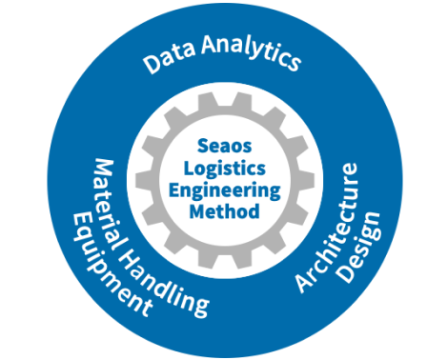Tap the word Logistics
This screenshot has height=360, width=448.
coord(224,169)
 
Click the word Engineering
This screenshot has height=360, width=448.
coord(224,190)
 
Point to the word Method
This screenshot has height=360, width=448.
coord(224,210)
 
